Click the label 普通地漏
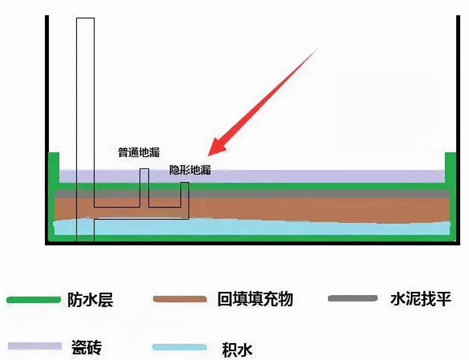[x=139, y=152]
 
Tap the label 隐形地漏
[x=190, y=170]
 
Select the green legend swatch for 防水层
[x=34, y=299]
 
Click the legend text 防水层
[x=90, y=299]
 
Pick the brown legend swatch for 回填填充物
[x=180, y=299]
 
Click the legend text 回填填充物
[x=255, y=299]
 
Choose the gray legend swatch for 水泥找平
[x=353, y=298]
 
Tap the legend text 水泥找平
[x=420, y=299]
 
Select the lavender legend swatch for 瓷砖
[x=35, y=346]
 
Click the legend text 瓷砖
[x=87, y=347]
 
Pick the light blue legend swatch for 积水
[x=180, y=347]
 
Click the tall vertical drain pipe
[x=85, y=129]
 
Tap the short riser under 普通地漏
[x=144, y=188]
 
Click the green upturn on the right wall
[x=451, y=168]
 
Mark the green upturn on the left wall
[x=54, y=168]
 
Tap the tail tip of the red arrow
[x=317, y=49]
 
